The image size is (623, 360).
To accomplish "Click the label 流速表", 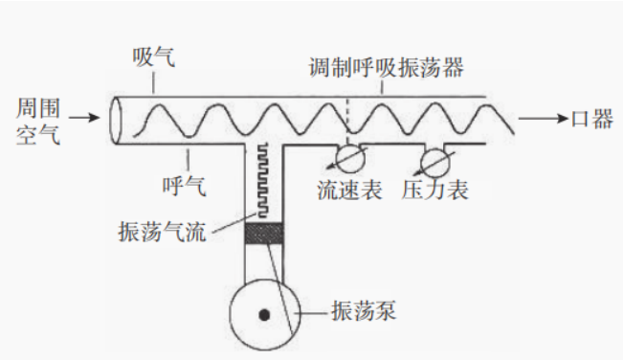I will click(349, 190).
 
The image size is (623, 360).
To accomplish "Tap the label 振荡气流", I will click(166, 231).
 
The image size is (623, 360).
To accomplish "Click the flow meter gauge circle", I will click(347, 157).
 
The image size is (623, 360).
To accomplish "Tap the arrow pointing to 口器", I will click(541, 119).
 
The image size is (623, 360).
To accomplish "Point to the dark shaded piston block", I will click(264, 233).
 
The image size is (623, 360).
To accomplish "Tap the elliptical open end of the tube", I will click(118, 120).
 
